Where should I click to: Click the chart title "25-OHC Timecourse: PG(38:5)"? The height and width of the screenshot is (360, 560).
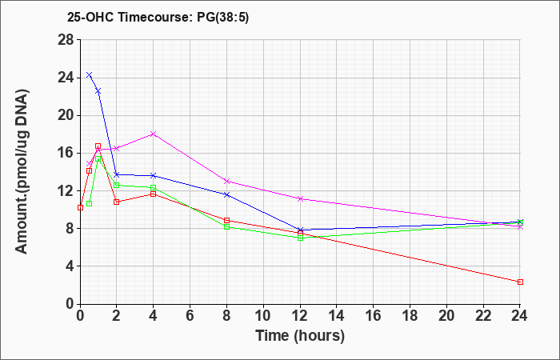158,17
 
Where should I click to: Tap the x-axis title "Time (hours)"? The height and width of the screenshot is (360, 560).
300,336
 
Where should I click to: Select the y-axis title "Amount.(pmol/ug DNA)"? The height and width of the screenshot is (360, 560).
22,171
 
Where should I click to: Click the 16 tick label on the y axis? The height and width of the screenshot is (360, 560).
66,154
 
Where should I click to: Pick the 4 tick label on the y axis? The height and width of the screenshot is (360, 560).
70,266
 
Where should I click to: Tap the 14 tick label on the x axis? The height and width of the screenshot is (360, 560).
337,316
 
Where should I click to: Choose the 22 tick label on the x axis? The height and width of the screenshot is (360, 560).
483,316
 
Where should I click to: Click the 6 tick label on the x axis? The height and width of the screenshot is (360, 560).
190,316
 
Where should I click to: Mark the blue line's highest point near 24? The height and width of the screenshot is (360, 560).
89,74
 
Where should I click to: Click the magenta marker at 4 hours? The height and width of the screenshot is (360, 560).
154,134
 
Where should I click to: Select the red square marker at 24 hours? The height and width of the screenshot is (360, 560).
520,282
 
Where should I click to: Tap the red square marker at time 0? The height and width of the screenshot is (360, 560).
80,207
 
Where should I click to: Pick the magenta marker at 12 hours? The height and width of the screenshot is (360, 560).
300,198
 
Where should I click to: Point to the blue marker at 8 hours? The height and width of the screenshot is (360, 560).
226,194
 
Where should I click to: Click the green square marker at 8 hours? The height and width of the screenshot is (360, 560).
226,226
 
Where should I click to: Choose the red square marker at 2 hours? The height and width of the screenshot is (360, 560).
117,202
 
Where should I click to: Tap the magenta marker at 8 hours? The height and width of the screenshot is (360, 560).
226,181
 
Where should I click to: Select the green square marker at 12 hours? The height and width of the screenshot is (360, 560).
300,238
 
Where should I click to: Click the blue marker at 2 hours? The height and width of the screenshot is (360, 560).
117,174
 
